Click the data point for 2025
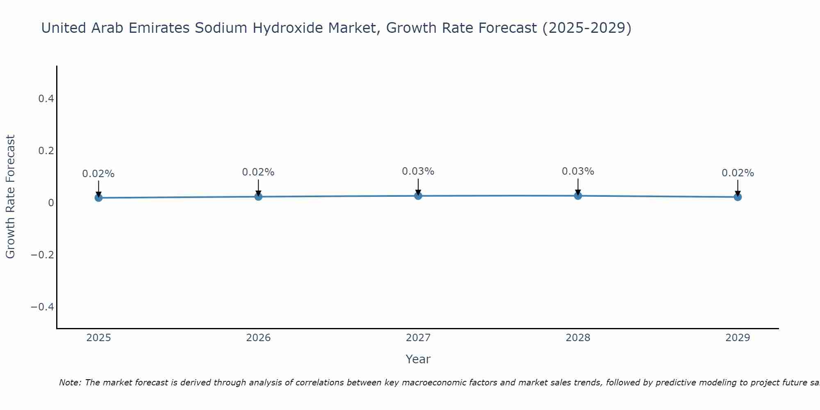pos(98,198)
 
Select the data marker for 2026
pos(258,196)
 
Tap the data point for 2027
pos(418,196)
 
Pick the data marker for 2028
pos(578,196)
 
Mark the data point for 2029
pos(738,197)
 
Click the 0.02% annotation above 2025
pos(98,174)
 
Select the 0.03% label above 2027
pos(418,171)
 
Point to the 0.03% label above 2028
pos(578,171)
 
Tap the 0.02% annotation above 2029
pos(738,173)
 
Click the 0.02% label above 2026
pos(258,172)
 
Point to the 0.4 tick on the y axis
pos(46,99)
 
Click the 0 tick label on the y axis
pos(51,203)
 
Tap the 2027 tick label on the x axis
pos(418,338)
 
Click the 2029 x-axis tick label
pos(738,338)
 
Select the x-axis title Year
pos(418,359)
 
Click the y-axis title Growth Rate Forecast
pos(10,197)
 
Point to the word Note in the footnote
pos(70,383)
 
